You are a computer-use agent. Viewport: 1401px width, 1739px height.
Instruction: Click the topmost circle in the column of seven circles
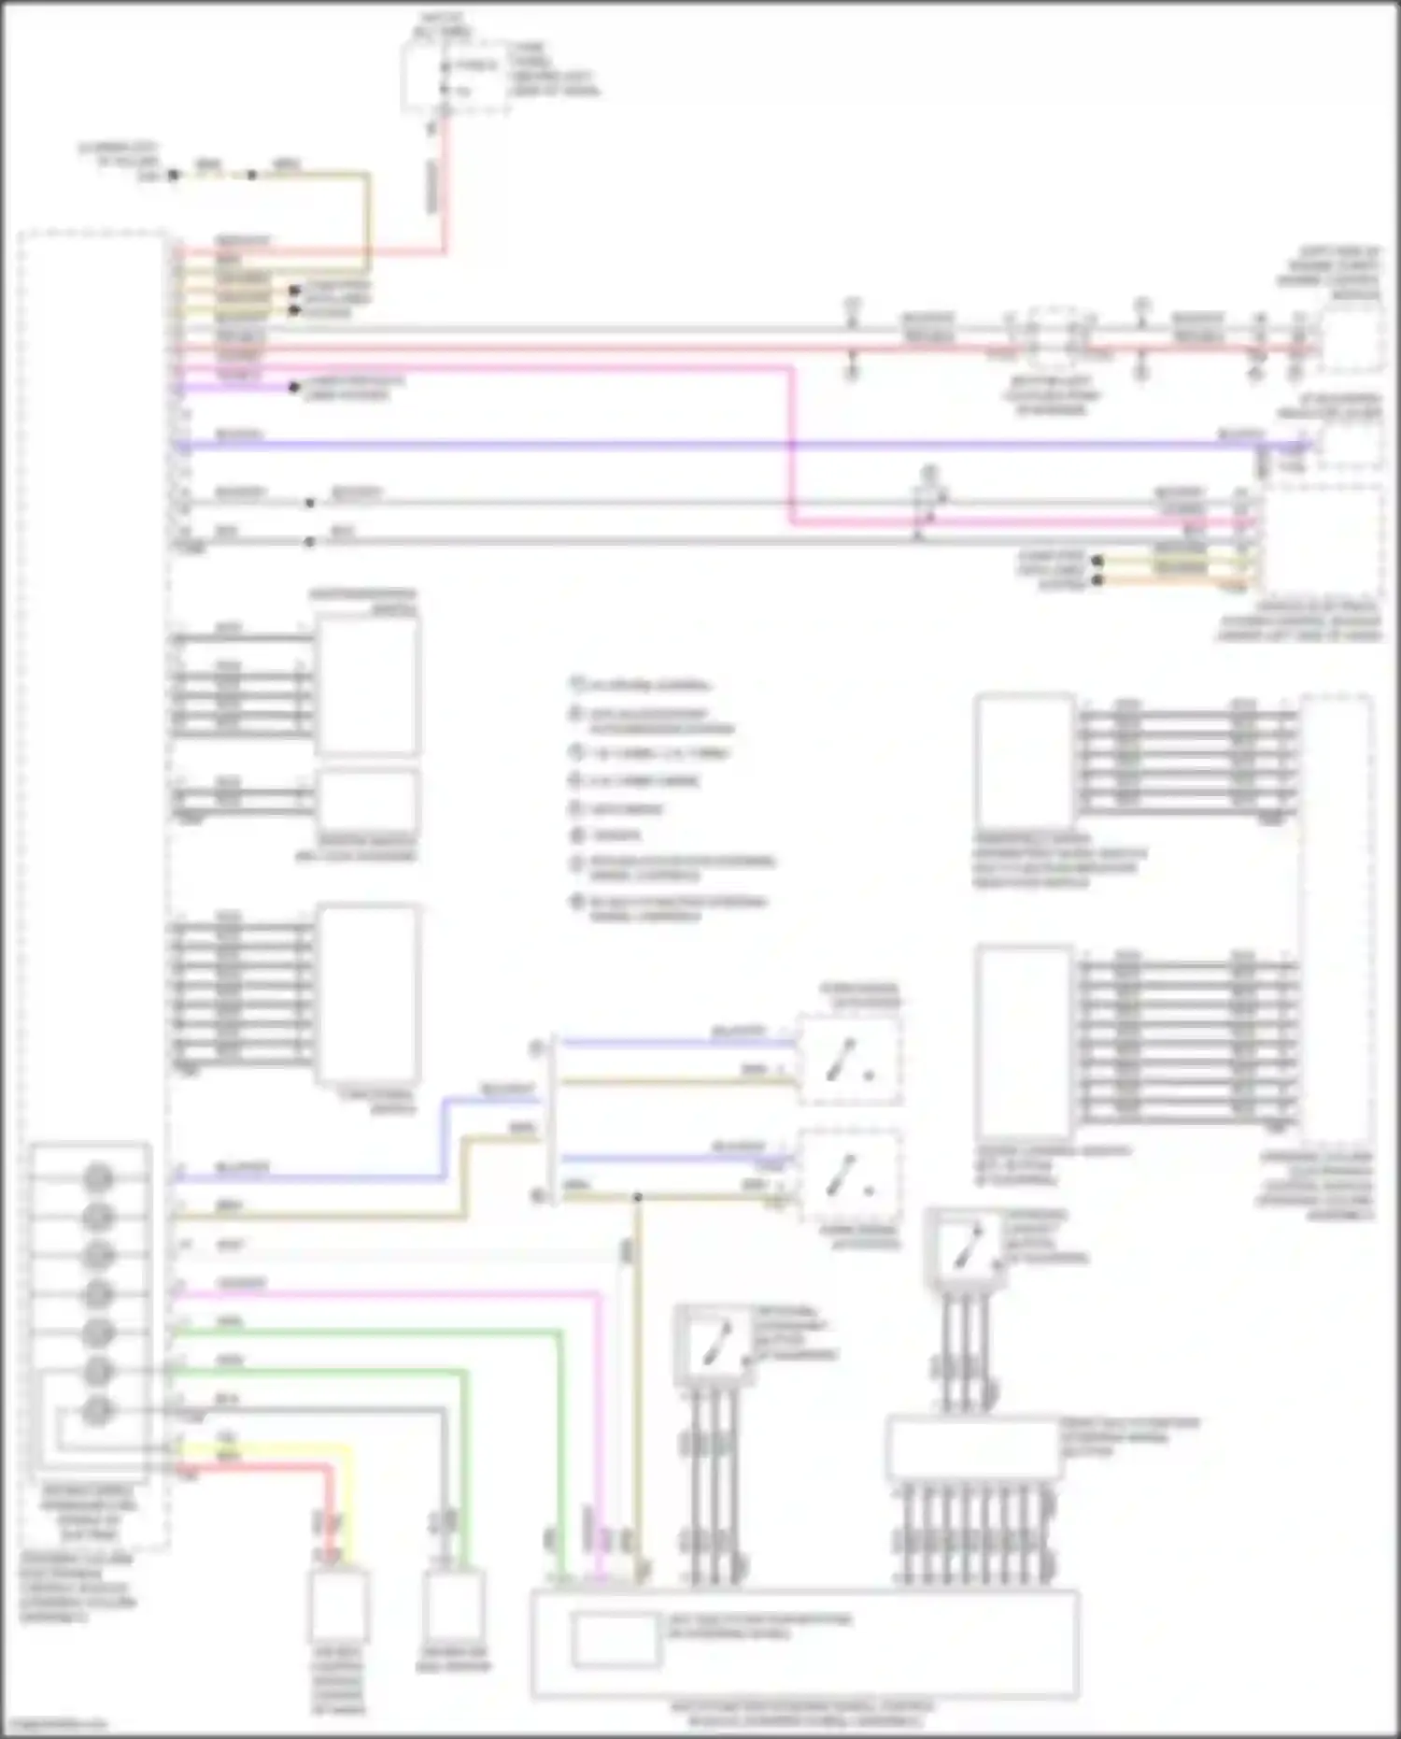click(x=98, y=1177)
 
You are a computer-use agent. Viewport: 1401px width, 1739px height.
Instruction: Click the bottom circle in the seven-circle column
click(x=98, y=1410)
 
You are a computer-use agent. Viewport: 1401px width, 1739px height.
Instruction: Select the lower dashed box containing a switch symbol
click(x=849, y=1176)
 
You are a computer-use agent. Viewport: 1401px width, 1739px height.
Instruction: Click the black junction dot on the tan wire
click(x=638, y=1197)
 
